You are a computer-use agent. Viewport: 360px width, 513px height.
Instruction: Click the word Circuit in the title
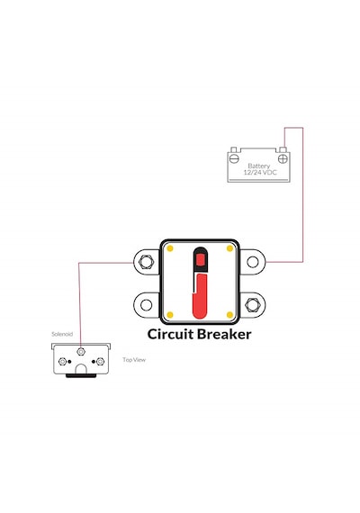(170, 334)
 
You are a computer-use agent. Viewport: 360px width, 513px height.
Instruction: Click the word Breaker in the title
(224, 334)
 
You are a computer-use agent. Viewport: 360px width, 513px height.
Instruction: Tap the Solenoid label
(62, 334)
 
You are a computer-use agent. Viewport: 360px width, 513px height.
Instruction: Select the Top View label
(134, 360)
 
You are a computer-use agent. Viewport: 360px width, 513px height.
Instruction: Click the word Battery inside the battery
(259, 166)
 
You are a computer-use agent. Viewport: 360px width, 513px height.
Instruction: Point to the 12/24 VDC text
(260, 173)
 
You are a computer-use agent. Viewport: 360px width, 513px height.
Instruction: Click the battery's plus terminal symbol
(283, 159)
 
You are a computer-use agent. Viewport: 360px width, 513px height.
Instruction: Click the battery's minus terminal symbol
(234, 159)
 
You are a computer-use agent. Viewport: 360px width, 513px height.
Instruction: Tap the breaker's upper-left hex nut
(146, 262)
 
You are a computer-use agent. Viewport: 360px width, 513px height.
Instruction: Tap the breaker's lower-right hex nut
(253, 305)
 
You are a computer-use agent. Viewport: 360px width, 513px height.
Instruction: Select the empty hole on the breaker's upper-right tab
(253, 262)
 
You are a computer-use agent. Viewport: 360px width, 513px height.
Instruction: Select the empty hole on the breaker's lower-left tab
(146, 305)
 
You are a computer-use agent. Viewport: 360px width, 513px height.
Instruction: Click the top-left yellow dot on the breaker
(170, 248)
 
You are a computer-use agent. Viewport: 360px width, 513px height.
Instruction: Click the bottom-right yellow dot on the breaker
(229, 315)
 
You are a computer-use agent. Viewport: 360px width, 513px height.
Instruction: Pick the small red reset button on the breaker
(200, 260)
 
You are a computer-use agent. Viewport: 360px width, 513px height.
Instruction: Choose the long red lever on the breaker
(201, 296)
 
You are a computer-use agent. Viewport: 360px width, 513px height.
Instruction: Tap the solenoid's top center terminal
(80, 352)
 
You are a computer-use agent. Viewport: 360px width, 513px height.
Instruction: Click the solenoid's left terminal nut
(62, 362)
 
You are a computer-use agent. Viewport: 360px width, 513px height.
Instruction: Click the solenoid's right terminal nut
(100, 362)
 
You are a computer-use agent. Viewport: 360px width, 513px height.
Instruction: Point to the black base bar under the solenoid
(81, 375)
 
